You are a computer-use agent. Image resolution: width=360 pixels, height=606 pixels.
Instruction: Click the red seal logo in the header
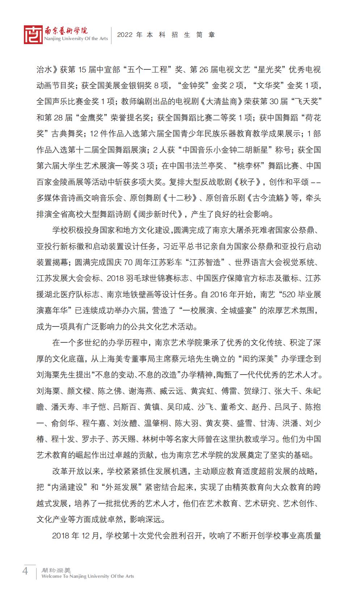[x=33, y=35]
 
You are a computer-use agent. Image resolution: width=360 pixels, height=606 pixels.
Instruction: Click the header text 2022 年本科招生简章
[x=166, y=35]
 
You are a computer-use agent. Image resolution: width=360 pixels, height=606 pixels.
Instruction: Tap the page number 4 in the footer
[x=25, y=571]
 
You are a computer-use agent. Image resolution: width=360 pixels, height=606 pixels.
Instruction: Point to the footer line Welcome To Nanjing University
[x=88, y=576]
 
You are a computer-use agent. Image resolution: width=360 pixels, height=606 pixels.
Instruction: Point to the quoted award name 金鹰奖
[x=87, y=118]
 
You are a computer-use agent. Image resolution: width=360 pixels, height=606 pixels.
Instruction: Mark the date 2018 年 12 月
[x=75, y=535]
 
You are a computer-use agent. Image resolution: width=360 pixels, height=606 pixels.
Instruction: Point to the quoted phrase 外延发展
[x=122, y=487]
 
